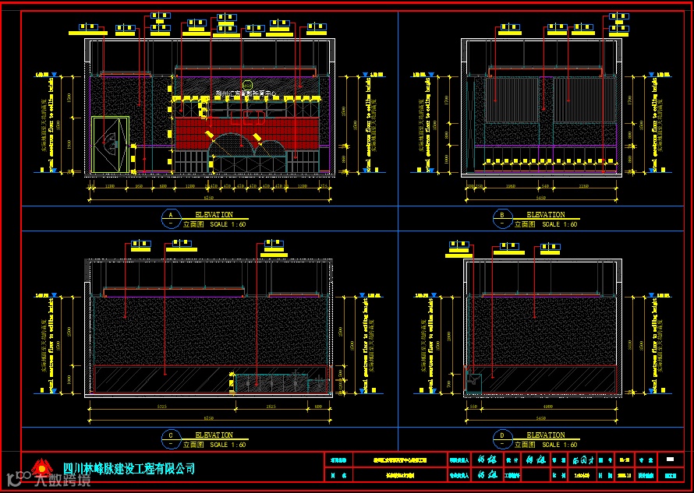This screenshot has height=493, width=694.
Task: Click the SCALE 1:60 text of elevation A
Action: (x=228, y=224)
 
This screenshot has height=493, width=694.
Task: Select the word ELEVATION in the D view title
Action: (x=546, y=435)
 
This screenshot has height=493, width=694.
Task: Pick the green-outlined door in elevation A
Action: (x=110, y=145)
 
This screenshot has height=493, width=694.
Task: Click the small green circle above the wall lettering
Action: (x=247, y=85)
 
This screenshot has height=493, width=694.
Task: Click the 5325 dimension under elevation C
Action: (x=163, y=407)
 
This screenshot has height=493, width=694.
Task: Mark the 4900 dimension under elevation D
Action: (x=548, y=407)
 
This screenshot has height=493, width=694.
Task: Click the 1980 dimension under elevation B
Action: (x=510, y=187)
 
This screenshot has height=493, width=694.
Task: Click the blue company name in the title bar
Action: (x=129, y=468)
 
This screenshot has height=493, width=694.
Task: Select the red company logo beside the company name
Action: (x=39, y=470)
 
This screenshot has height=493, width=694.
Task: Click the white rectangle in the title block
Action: (x=670, y=459)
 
